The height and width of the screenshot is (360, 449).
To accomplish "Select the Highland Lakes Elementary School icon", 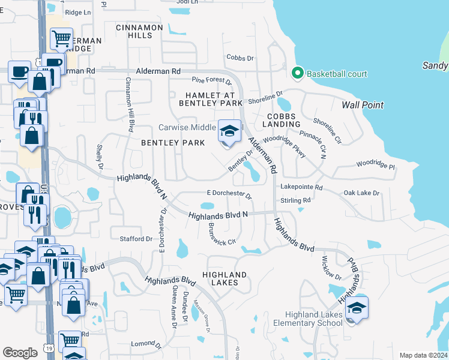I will click(x=357, y=308).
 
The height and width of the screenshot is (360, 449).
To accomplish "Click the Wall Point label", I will click(x=363, y=105).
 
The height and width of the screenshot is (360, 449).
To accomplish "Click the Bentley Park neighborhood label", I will click(x=173, y=143).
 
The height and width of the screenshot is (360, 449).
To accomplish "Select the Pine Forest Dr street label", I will click(x=211, y=80).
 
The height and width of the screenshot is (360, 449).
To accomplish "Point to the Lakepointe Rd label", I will click(x=301, y=188).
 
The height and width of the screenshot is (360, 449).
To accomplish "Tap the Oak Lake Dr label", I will click(x=361, y=193).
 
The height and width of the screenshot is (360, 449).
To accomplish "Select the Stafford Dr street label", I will click(x=137, y=239).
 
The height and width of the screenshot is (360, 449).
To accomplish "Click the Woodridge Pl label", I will click(x=375, y=164).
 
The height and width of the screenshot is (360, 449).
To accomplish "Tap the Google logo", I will click(x=20, y=353).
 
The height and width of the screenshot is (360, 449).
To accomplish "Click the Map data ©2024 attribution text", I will click(x=423, y=355).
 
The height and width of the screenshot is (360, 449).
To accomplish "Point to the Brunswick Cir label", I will click(x=220, y=236).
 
